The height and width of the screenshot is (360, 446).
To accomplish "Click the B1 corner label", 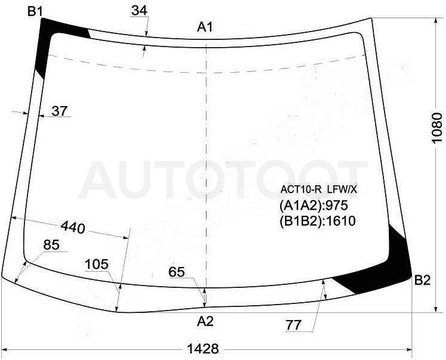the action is click(x=35, y=11).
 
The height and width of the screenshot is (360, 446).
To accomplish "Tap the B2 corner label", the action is click(x=422, y=280).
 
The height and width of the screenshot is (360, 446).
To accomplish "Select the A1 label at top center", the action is click(x=205, y=27).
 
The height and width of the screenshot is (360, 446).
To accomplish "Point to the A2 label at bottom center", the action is click(x=205, y=321).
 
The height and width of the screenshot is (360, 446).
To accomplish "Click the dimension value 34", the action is click(x=140, y=11).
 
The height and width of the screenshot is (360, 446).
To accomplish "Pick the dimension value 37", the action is click(x=60, y=111).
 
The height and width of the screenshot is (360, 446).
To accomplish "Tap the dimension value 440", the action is click(x=73, y=228).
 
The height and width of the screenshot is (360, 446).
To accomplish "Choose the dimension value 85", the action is click(x=51, y=244).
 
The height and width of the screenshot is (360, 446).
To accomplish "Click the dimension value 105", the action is click(x=97, y=264).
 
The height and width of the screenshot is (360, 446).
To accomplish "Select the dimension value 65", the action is click(x=176, y=272).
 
